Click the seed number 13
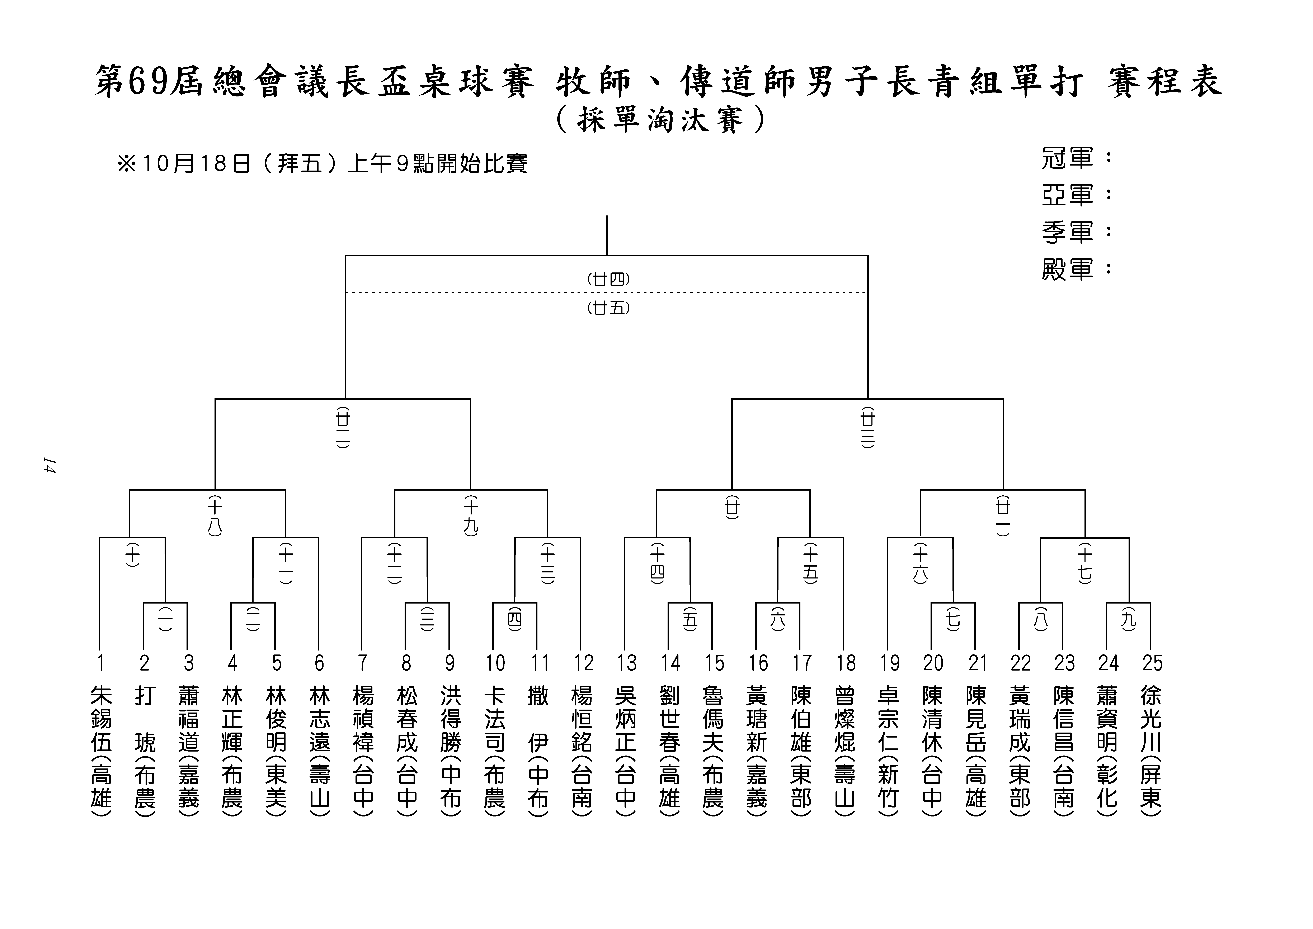[626, 663]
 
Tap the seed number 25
[1152, 663]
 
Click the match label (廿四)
[608, 279]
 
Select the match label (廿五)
[608, 308]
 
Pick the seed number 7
[362, 663]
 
